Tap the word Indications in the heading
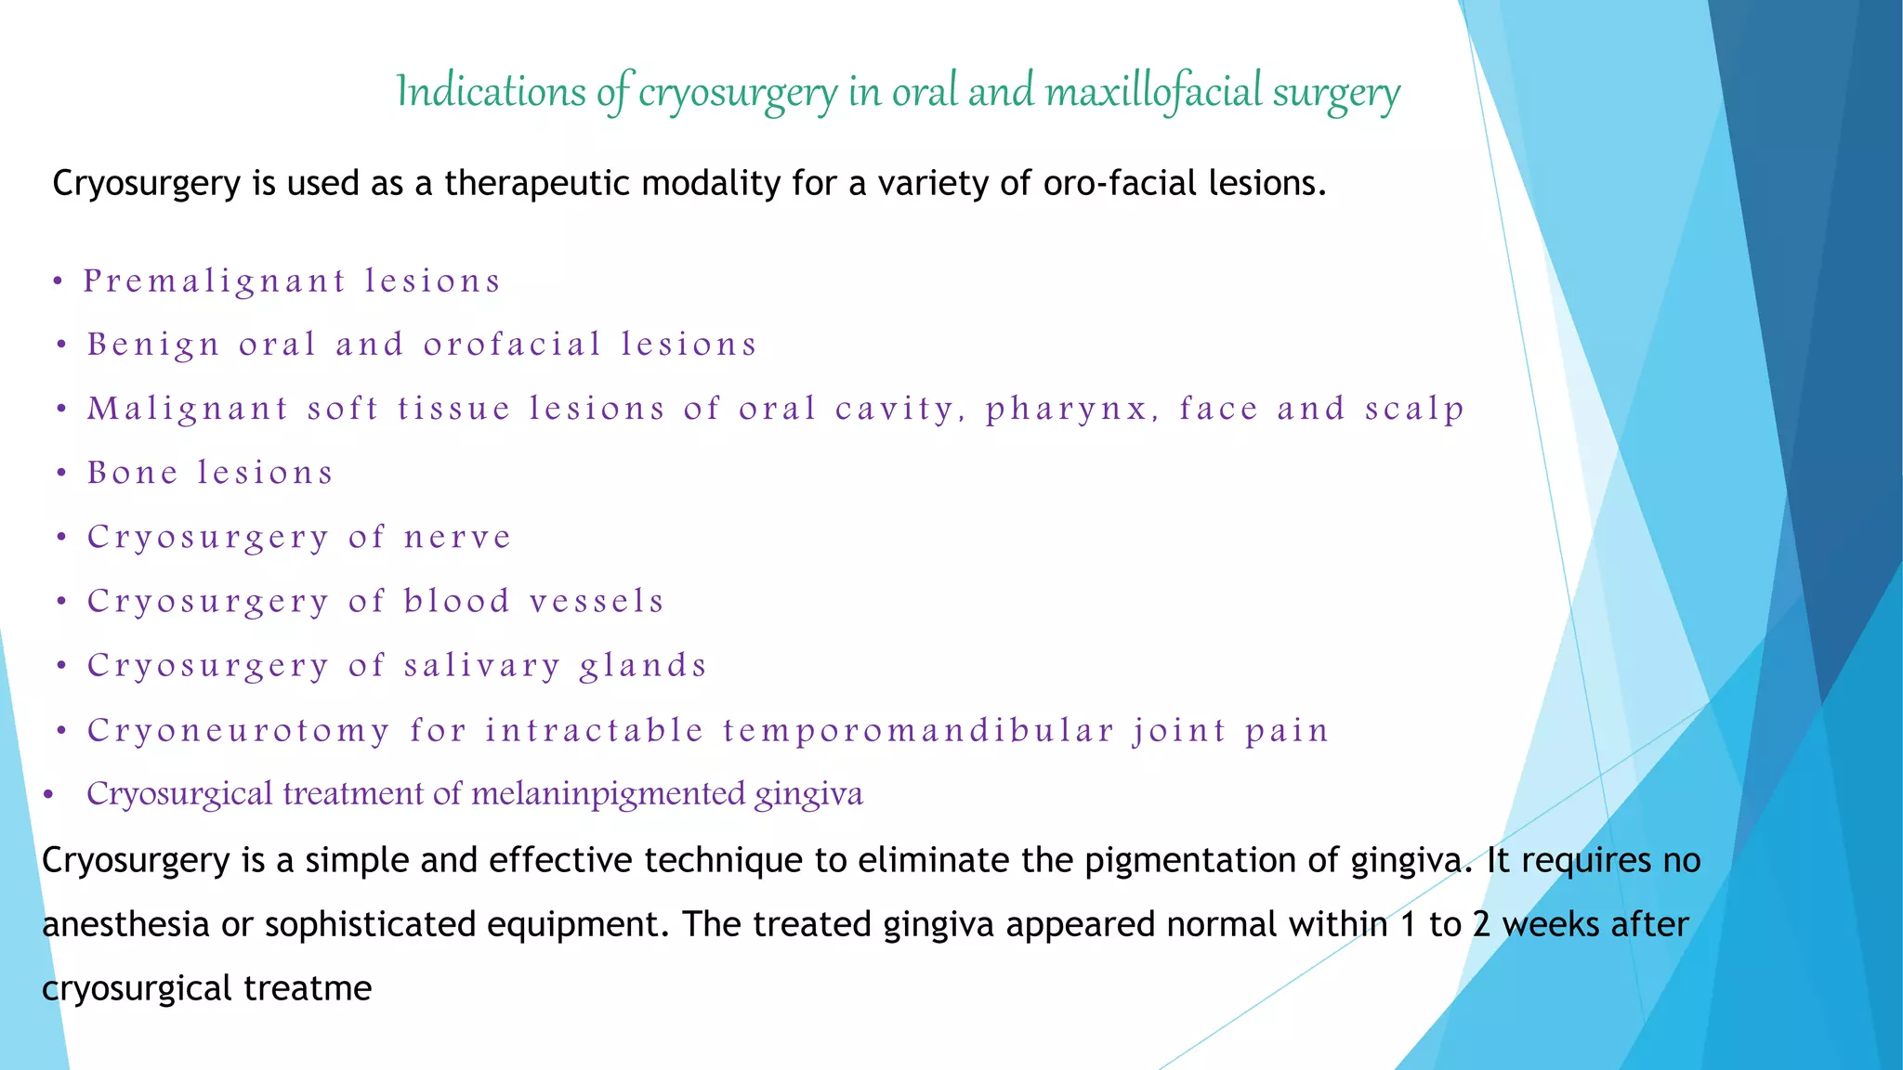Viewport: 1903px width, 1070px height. (491, 92)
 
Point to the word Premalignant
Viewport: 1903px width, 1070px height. (215, 281)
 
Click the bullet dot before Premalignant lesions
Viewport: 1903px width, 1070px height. (58, 281)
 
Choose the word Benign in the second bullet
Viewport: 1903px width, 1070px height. (153, 346)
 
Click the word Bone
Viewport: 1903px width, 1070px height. (132, 474)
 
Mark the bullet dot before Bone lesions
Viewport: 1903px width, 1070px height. (61, 474)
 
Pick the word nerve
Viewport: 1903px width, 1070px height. (457, 538)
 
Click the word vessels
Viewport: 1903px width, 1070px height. (597, 602)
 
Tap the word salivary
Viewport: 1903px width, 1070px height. (482, 666)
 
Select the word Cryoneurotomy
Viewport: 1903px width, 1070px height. (238, 731)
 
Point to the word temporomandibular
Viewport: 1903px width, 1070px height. (918, 731)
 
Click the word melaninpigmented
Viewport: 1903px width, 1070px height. (608, 794)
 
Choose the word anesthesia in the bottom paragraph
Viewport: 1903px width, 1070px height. (125, 925)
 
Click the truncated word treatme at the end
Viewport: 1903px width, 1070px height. (308, 988)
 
